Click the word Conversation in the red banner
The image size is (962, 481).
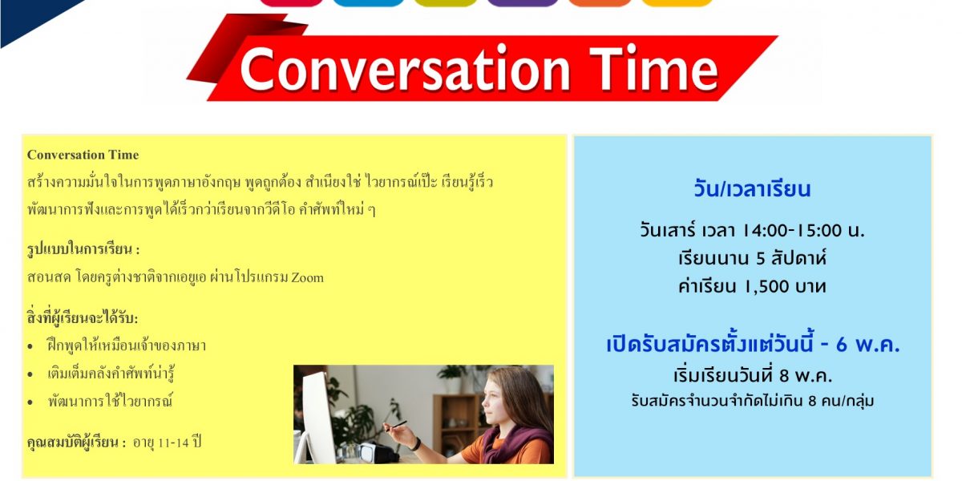click(x=405, y=69)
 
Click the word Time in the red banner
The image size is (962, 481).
click(x=653, y=68)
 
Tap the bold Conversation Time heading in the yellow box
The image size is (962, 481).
click(x=83, y=155)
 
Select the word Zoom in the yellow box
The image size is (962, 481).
click(x=308, y=278)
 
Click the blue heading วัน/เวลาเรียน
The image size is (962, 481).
click(x=752, y=189)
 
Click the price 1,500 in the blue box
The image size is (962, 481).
click(x=766, y=286)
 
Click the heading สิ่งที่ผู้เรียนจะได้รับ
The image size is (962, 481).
click(x=83, y=317)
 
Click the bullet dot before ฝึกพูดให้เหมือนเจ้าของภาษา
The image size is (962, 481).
click(x=30, y=346)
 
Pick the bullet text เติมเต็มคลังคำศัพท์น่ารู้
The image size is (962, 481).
click(x=111, y=374)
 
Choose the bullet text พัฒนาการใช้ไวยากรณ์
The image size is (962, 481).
click(x=111, y=401)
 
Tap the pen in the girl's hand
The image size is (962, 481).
click(x=395, y=425)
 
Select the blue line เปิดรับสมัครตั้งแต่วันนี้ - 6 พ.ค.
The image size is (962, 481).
click(x=753, y=345)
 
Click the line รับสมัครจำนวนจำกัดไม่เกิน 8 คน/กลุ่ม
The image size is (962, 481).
click(x=753, y=401)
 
